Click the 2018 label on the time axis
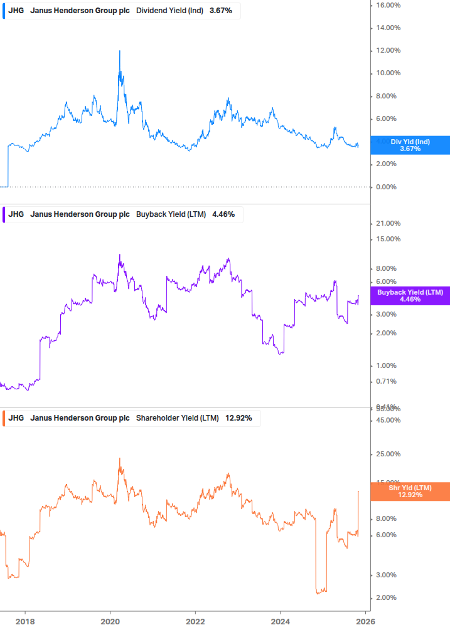point(25,621)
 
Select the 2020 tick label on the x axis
point(110,621)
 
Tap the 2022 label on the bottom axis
point(195,621)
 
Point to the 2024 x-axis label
point(280,621)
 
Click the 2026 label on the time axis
point(365,621)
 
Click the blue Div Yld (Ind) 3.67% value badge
point(410,145)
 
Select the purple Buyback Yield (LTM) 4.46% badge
point(410,296)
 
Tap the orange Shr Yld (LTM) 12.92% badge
point(410,491)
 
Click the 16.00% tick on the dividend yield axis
point(388,5)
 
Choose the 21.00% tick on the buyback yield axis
point(388,224)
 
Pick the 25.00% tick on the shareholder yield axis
point(388,454)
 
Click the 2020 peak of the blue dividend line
point(119,51)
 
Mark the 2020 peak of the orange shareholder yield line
point(120,459)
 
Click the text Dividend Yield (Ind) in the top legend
point(169,11)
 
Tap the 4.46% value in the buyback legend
point(223,214)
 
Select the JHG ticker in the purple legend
point(16,214)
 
